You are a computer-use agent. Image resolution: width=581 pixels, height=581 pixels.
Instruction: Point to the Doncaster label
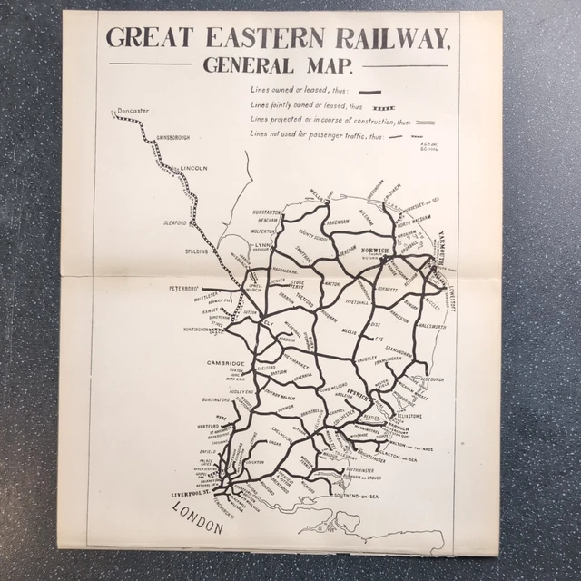(132, 112)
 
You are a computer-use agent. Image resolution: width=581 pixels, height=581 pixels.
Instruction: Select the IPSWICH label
(360, 396)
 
